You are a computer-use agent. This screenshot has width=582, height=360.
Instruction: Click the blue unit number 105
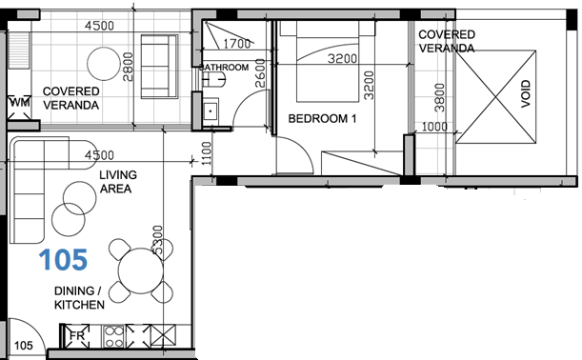[x=64, y=258]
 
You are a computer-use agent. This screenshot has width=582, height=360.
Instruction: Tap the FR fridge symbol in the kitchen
[x=77, y=335]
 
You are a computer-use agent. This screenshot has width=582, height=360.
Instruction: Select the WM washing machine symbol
[x=18, y=103]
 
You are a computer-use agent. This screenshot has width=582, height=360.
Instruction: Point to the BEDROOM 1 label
[x=322, y=119]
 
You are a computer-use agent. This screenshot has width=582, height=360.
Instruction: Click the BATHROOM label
[x=225, y=68]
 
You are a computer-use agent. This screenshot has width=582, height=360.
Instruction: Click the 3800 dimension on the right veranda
[x=439, y=97]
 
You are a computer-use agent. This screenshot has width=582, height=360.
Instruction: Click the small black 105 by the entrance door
[x=25, y=345]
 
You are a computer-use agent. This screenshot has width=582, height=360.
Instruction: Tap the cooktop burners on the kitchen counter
[x=113, y=335]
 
